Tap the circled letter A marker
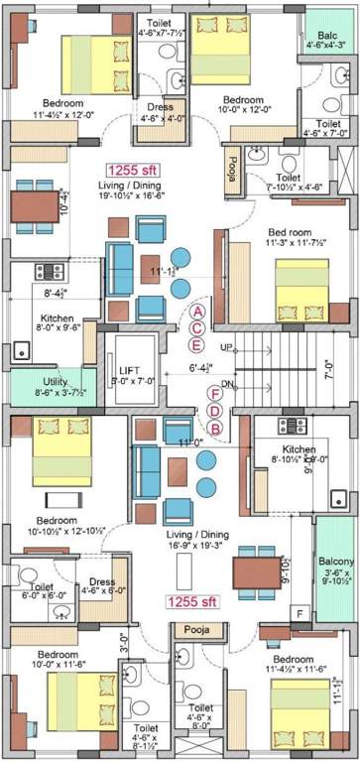coord(197,312)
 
